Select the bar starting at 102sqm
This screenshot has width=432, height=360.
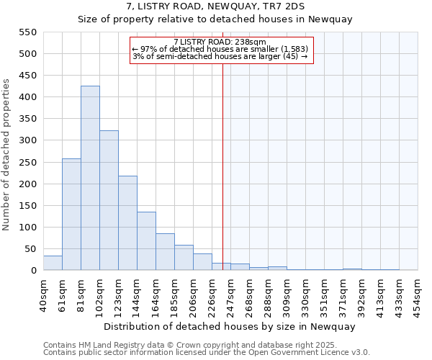pyautogui.click(x=109, y=201)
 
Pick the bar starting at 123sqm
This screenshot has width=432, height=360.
pyautogui.click(x=127, y=223)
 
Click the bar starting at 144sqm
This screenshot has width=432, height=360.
pyautogui.click(x=146, y=241)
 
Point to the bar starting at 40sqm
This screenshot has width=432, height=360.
pyautogui.click(x=53, y=263)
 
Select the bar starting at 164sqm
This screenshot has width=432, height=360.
pyautogui.click(x=165, y=252)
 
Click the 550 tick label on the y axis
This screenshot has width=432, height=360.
pyautogui.click(x=27, y=32)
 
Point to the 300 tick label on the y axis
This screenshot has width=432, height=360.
pyautogui.click(x=27, y=140)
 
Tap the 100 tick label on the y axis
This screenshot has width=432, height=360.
pyautogui.click(x=27, y=228)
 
